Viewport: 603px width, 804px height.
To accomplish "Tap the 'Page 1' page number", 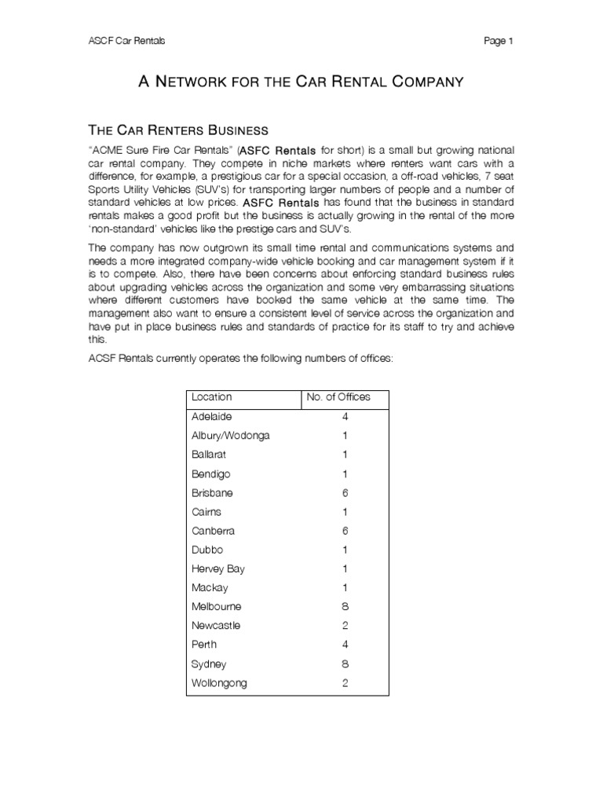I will coord(499,41).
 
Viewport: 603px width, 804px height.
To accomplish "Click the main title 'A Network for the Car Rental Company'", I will coord(301,81).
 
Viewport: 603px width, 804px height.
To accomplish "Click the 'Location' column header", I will coord(212,397).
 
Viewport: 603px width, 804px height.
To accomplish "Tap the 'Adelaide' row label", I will coord(212,417).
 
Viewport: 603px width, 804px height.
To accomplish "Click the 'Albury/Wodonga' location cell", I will coord(230,436).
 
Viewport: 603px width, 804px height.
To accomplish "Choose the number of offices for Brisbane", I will coord(345,493).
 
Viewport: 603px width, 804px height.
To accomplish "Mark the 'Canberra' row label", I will coord(214,531).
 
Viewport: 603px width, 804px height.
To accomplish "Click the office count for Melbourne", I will coord(345,607).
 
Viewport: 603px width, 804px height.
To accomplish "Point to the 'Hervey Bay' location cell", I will coord(217,569).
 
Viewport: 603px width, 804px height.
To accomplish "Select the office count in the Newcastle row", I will coord(345,626).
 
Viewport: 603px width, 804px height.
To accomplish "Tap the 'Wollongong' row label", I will coord(219,683).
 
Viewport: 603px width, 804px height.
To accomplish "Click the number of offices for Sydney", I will coord(345,664).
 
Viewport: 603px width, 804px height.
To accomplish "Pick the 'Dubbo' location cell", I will coord(207,550).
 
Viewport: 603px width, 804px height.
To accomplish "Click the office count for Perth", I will coord(345,645).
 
